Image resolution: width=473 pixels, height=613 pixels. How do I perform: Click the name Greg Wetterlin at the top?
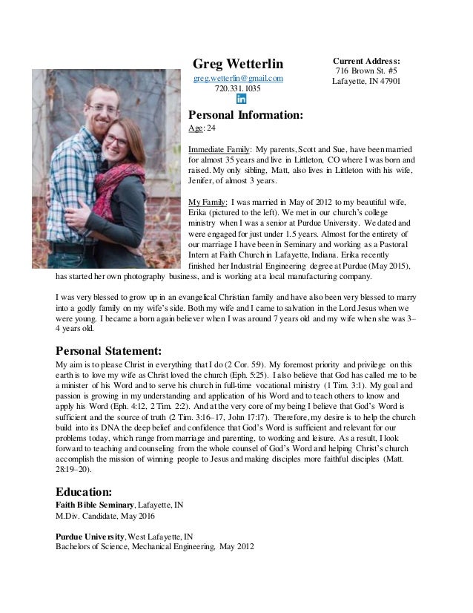click(x=237, y=62)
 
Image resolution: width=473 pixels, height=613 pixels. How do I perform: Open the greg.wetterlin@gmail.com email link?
click(x=238, y=79)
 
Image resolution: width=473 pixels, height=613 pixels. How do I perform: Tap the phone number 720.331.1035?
click(x=237, y=89)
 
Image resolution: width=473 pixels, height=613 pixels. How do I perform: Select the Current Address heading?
click(x=365, y=61)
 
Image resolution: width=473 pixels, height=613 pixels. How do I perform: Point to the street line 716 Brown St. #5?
click(x=365, y=71)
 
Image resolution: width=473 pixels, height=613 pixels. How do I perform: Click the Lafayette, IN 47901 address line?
click(x=365, y=82)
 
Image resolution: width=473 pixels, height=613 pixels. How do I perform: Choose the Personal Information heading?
click(x=245, y=116)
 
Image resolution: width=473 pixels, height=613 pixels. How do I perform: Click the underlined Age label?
click(x=196, y=129)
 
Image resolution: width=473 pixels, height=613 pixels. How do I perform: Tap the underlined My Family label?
click(x=208, y=201)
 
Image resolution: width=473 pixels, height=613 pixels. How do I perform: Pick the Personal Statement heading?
click(x=108, y=350)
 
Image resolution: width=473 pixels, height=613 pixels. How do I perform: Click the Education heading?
click(x=85, y=491)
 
